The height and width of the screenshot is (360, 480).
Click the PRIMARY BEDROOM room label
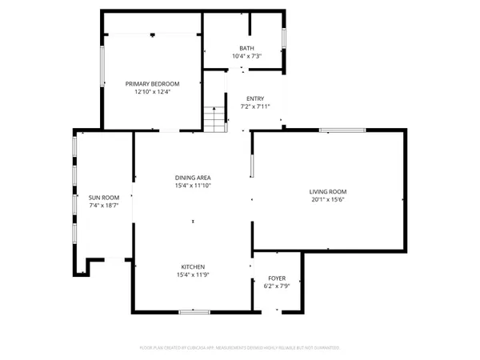pos(152,83)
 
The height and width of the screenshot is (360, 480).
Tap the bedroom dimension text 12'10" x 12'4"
pos(152,91)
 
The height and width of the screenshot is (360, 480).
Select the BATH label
pos(246,48)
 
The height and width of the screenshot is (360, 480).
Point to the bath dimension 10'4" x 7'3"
pos(246,56)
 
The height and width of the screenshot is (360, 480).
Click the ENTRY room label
pos(256,98)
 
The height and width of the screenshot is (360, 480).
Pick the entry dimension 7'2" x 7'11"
pos(256,106)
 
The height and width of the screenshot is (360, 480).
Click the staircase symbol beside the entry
pos(214,119)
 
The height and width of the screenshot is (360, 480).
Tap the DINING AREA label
pos(193,178)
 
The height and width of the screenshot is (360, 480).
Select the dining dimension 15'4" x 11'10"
pos(193,186)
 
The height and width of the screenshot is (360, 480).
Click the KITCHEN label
pos(193,267)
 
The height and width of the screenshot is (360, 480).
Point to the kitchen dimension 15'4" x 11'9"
pos(193,275)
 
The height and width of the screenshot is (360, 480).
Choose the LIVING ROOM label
pos(328,191)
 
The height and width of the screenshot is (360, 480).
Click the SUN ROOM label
pos(104,198)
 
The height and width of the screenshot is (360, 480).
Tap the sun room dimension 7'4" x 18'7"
pos(104,206)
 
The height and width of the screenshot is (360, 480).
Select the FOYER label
pos(276,278)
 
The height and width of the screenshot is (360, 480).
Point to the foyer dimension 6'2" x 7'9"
pos(276,286)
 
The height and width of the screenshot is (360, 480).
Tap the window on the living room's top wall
pos(342,130)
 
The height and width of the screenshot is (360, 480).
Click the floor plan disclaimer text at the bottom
pos(240,348)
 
